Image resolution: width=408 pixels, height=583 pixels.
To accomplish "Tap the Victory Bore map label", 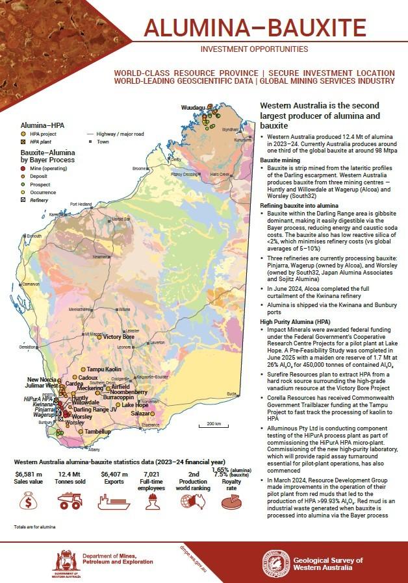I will [x=119, y=337].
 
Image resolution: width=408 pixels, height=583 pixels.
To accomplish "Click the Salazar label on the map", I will [x=141, y=413].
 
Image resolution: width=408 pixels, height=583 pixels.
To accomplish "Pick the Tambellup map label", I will [x=97, y=431].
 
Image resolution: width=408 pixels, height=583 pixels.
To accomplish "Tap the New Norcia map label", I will [x=41, y=379].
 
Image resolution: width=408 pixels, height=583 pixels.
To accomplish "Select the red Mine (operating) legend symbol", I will [x=24, y=168].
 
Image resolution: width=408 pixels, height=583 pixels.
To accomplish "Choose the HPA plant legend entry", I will [x=24, y=140].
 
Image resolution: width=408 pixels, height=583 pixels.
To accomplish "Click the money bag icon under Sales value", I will [x=29, y=502].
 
